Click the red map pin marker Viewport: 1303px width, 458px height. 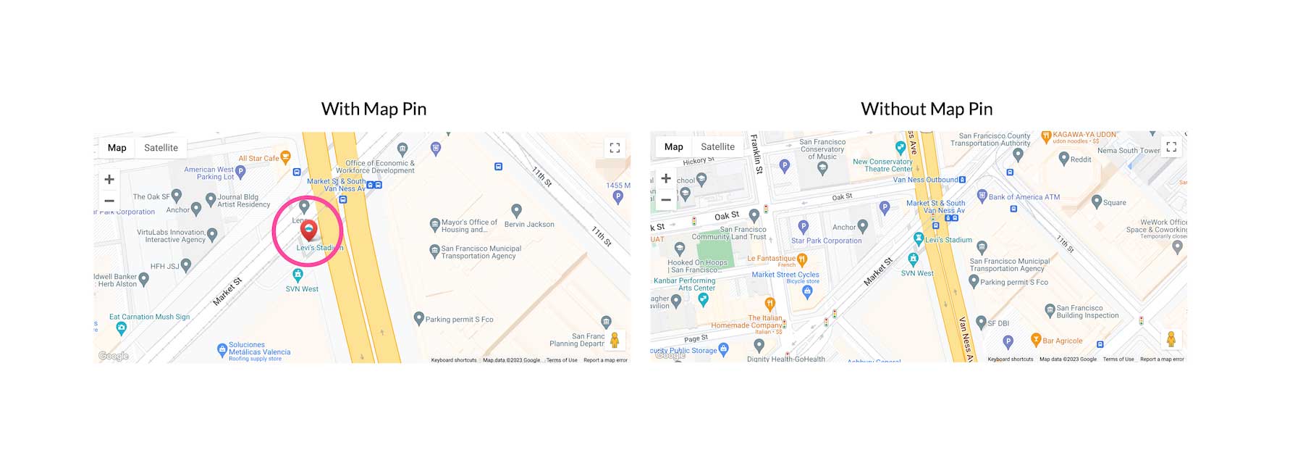(x=309, y=230)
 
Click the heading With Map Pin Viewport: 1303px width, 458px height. (x=374, y=109)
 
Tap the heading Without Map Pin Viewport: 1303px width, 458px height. (x=927, y=109)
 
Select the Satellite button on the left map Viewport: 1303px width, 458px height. (x=161, y=148)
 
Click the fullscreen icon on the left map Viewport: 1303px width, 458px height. (x=615, y=148)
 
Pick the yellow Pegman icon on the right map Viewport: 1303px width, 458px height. (x=1171, y=338)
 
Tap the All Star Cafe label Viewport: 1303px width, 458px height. (x=258, y=158)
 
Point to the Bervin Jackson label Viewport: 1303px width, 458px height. (x=529, y=225)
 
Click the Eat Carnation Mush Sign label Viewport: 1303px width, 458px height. (x=149, y=317)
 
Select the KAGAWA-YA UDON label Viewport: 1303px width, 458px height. (x=1084, y=135)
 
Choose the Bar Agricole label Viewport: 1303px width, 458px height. (x=1062, y=341)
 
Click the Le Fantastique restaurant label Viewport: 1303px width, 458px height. (x=771, y=258)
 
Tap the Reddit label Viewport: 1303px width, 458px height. (x=1080, y=159)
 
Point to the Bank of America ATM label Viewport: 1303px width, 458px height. (x=1024, y=197)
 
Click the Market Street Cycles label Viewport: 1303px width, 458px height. (x=785, y=275)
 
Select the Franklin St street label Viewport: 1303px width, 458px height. (x=756, y=154)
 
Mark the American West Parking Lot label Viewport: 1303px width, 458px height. (x=208, y=173)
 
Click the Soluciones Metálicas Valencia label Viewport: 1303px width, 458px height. (x=259, y=349)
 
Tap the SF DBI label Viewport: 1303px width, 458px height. (x=998, y=323)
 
